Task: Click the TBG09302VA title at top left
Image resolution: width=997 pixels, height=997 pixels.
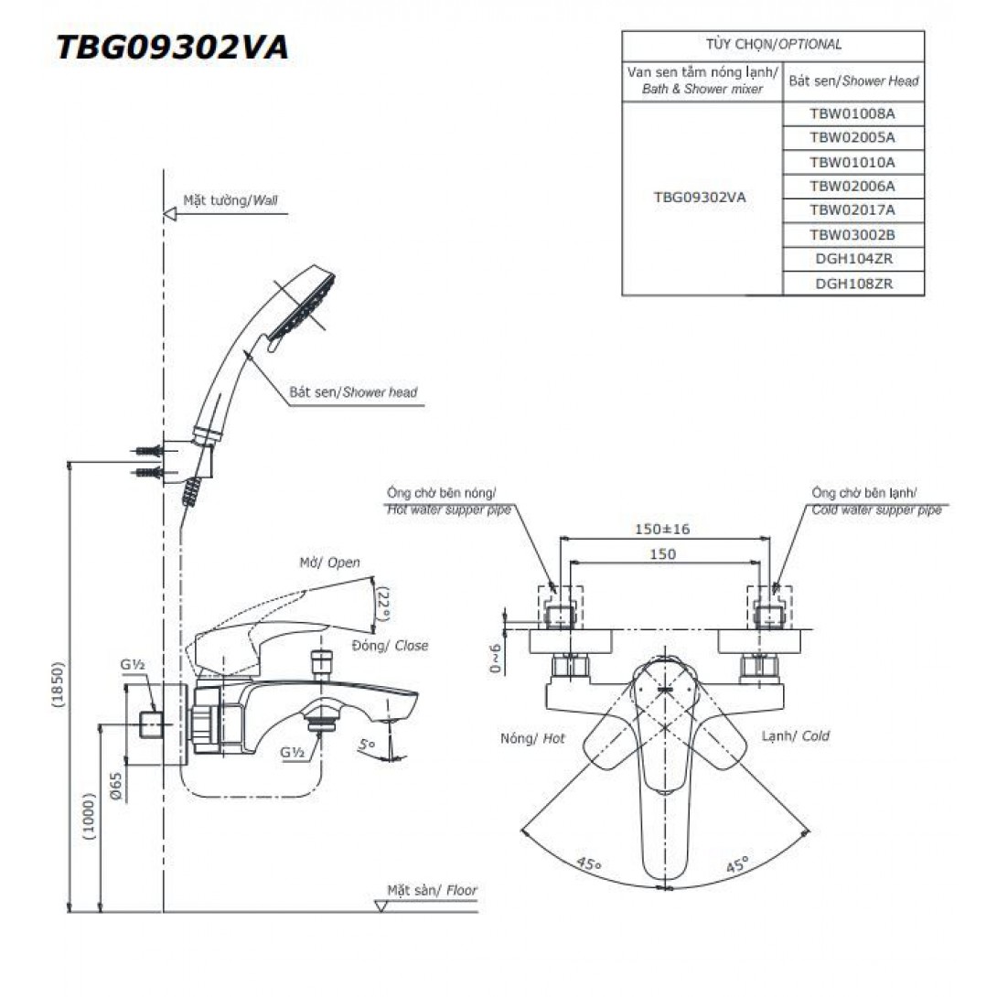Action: [172, 48]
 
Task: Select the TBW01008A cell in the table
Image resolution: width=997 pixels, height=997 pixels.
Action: [852, 114]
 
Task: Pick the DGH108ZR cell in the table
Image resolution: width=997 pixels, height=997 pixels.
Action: [852, 284]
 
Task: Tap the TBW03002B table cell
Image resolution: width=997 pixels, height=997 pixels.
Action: [852, 235]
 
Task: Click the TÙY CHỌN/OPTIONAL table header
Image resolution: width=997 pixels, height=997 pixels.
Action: [773, 44]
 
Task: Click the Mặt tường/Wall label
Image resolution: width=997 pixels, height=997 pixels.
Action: [230, 198]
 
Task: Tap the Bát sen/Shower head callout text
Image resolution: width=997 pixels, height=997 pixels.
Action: [353, 392]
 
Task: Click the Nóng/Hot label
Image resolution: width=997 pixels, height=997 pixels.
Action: [533, 737]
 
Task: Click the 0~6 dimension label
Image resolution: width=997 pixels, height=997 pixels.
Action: [495, 657]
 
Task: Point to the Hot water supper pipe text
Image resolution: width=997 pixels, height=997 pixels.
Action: [448, 510]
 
